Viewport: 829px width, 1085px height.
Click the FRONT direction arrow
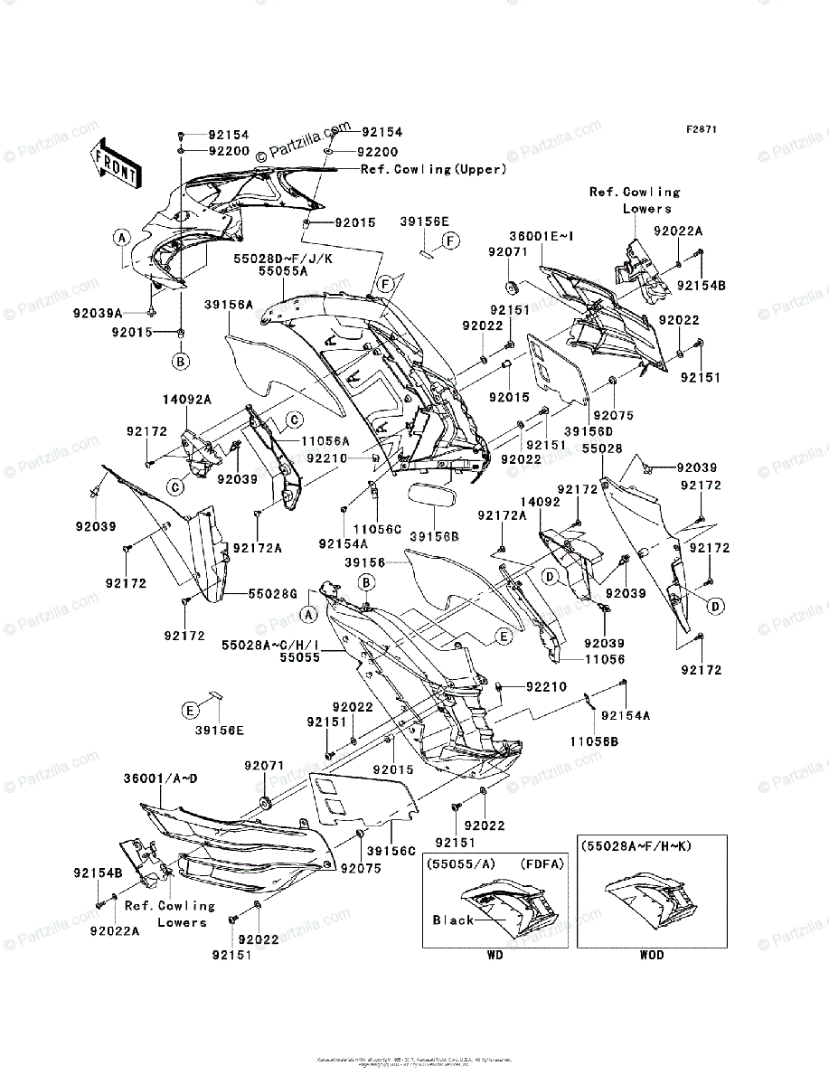click(116, 163)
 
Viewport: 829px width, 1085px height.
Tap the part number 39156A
click(228, 305)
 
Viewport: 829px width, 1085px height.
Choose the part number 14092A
click(187, 399)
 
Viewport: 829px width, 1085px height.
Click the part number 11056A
click(325, 442)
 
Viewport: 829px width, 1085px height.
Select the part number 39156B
click(434, 536)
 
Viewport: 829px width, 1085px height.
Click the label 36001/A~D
click(161, 778)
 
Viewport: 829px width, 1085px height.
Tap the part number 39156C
click(391, 851)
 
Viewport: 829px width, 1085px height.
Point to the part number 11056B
click(593, 741)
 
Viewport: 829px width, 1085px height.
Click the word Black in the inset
click(453, 920)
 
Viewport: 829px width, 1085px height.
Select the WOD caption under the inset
click(651, 955)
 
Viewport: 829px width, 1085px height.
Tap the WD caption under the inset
click(494, 955)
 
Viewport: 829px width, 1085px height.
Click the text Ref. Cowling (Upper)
click(433, 169)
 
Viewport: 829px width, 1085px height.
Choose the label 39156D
click(586, 431)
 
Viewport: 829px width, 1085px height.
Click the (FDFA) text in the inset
click(542, 863)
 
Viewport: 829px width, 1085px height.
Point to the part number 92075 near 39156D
click(614, 415)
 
